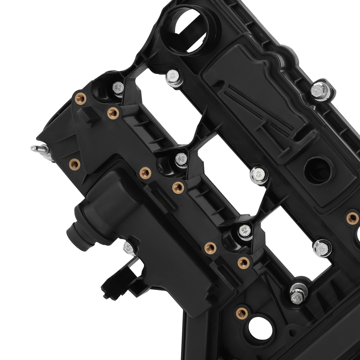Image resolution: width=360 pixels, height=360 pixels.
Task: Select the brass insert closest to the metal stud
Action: click(x=74, y=164)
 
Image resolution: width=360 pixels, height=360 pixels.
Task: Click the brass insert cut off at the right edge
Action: click(x=352, y=217)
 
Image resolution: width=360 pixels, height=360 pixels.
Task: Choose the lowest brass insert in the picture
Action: click(x=242, y=312)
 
